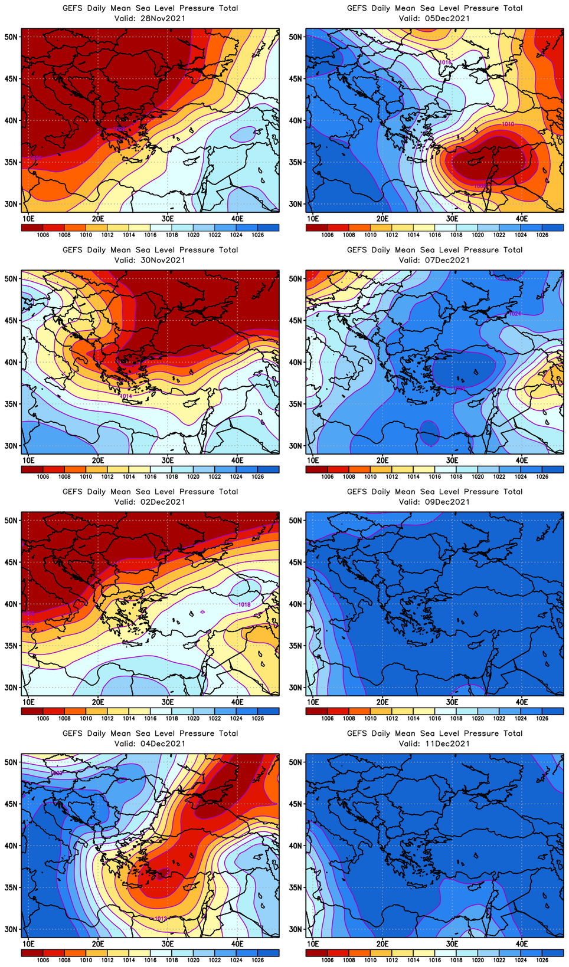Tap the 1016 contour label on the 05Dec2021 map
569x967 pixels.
coord(446,62)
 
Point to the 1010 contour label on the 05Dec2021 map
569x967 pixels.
coord(508,124)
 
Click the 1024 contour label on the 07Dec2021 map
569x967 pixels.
coord(515,314)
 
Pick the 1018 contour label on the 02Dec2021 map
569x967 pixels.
coord(244,604)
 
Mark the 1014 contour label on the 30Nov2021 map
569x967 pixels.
coord(126,396)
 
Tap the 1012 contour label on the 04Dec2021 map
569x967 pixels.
coord(160,919)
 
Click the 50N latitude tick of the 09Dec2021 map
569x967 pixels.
coord(295,521)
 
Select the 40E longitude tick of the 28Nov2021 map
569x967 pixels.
coord(237,218)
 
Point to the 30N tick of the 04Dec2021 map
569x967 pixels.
coord(11,929)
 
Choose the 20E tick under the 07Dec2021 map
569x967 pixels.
coord(382,460)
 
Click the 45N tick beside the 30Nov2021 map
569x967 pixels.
coord(11,321)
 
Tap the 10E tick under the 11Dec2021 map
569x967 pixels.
coord(313,943)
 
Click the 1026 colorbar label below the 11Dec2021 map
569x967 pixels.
coord(542,960)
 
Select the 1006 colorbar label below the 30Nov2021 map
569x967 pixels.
coord(42,476)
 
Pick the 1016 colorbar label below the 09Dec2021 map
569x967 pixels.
coord(434,718)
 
